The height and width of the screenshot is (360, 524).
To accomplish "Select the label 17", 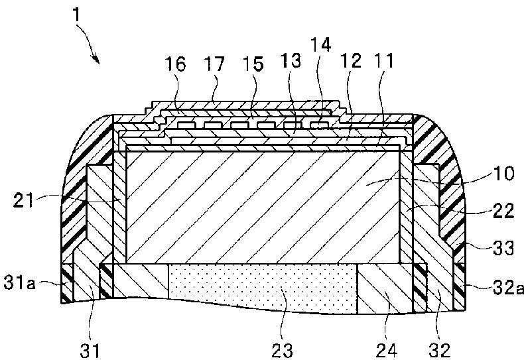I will pyautogui.click(x=214, y=64).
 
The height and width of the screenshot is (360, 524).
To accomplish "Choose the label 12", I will pyautogui.click(x=352, y=63).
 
